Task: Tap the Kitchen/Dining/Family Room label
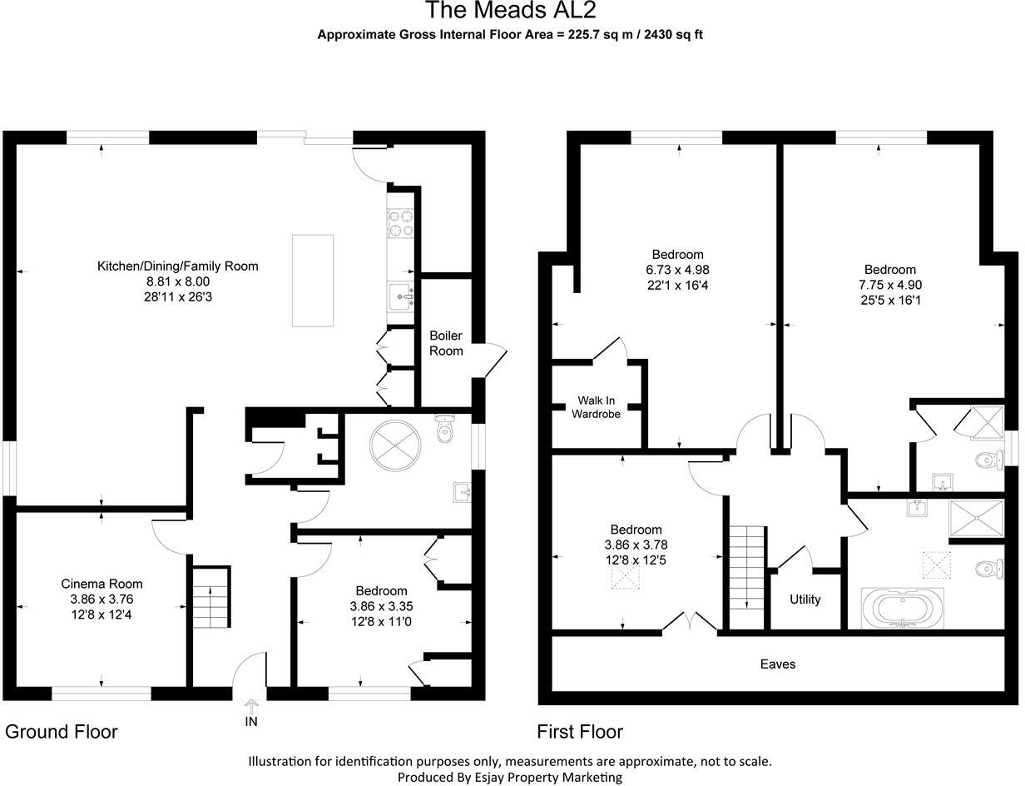coord(177,266)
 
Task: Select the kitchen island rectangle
coord(312,281)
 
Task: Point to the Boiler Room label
coord(446,343)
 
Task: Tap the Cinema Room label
coord(102,584)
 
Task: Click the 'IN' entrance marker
coord(251,722)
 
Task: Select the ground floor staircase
coord(211,597)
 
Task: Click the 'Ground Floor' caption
coord(62,732)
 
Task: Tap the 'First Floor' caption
coord(580,732)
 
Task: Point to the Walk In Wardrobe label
coord(596,406)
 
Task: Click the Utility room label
coord(805,599)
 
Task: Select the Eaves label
coord(778,664)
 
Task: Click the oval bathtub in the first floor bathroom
coord(903,608)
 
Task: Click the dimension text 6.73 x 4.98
coord(677,270)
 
